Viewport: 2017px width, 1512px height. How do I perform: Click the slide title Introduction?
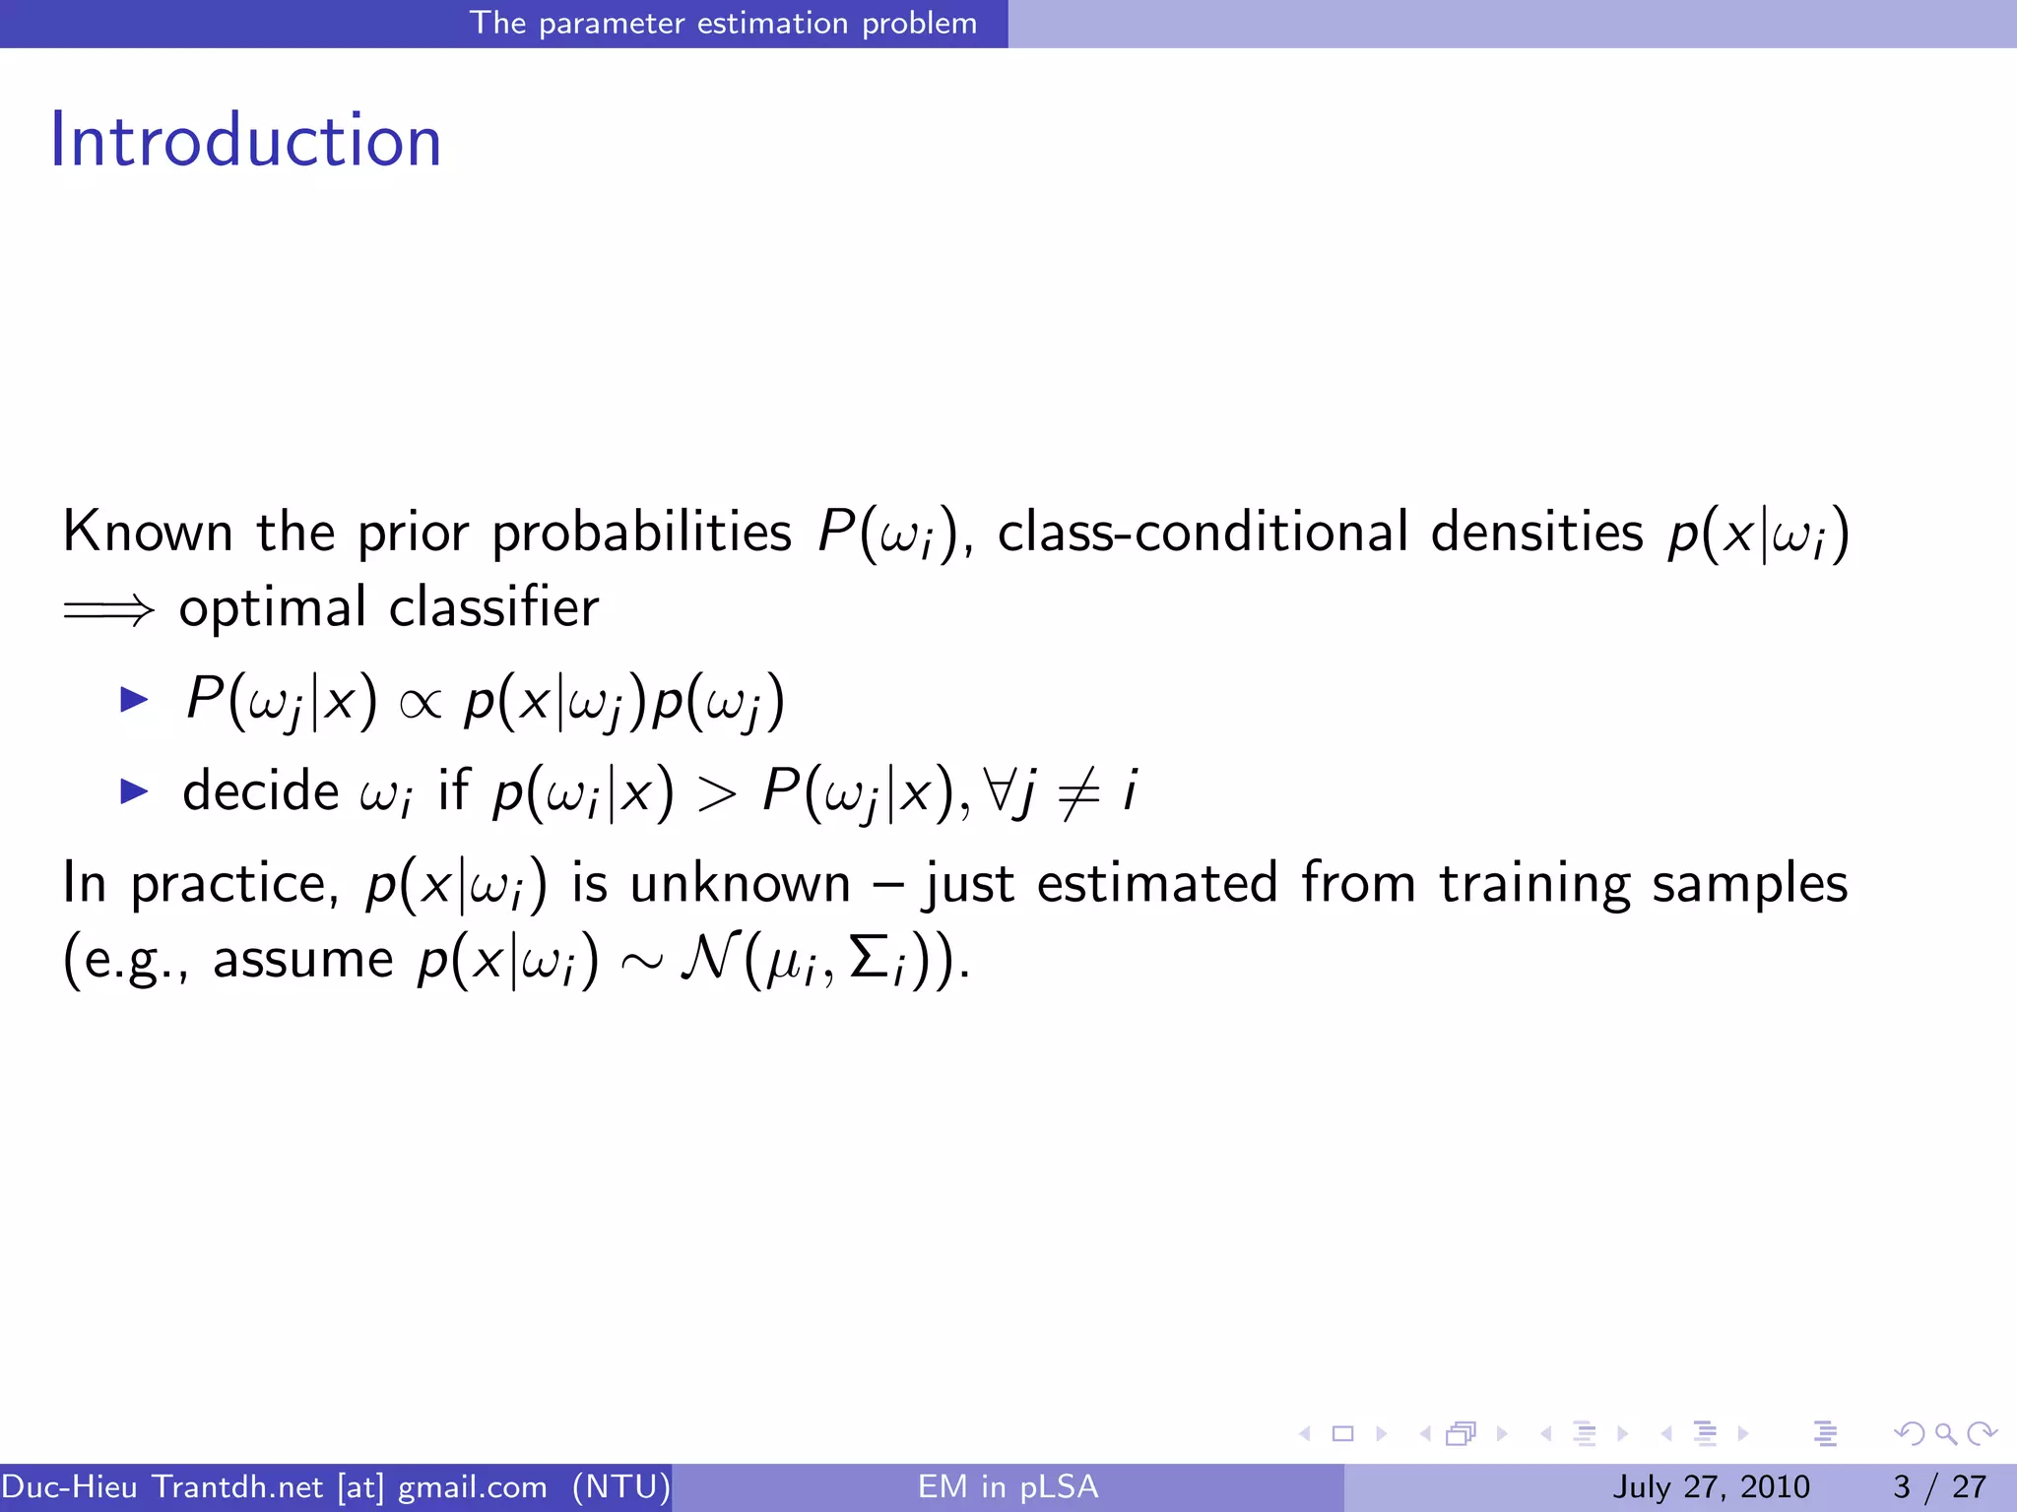point(245,141)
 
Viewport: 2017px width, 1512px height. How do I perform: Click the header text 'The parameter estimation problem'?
point(723,23)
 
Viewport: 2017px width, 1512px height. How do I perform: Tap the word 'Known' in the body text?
point(148,533)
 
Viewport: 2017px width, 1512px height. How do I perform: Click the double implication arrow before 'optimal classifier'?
point(108,610)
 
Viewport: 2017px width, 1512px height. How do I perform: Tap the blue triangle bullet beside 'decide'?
point(133,790)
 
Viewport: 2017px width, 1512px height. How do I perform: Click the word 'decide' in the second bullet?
point(261,790)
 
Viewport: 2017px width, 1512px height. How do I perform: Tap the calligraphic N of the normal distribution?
point(708,958)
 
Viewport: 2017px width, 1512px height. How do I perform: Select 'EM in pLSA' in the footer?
point(1008,1486)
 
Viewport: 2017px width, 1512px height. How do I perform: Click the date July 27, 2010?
point(1711,1486)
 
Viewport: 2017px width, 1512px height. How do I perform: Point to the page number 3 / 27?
point(1939,1486)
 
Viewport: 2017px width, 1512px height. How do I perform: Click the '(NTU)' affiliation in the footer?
point(621,1486)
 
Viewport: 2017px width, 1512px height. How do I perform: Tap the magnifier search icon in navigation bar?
point(1945,1433)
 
